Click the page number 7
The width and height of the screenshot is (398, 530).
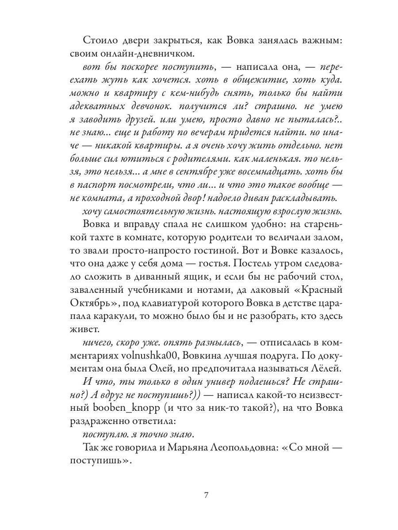point(206,494)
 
